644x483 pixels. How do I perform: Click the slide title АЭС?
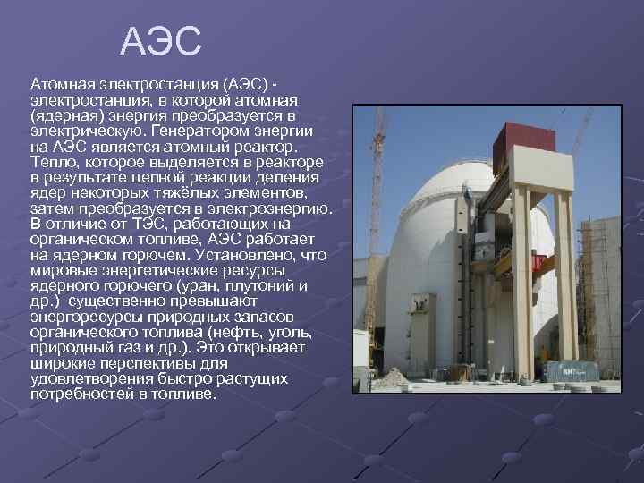pyautogui.click(x=162, y=41)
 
